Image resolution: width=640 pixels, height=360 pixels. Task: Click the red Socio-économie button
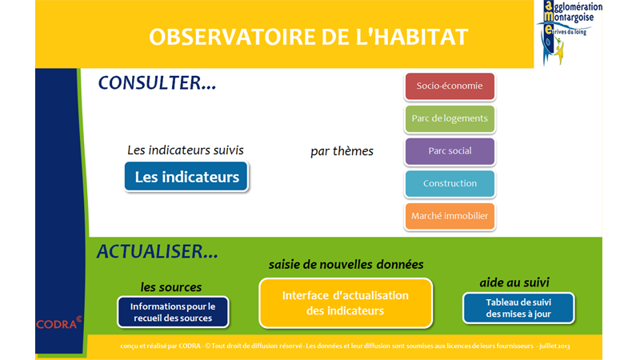click(x=450, y=86)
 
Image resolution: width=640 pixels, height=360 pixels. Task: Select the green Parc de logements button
click(x=450, y=118)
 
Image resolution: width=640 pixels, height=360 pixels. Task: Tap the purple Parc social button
click(x=450, y=151)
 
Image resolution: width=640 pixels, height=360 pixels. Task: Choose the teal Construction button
click(x=450, y=184)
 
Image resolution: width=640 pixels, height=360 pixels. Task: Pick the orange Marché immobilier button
click(x=450, y=216)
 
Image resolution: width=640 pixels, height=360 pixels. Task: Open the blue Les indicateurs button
click(x=186, y=177)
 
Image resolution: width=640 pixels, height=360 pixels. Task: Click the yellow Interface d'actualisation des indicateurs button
click(x=346, y=303)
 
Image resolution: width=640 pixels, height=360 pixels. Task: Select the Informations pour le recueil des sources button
click(x=173, y=312)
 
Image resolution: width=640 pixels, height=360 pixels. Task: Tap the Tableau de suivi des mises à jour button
click(x=518, y=308)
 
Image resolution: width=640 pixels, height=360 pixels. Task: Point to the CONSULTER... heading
click(x=157, y=83)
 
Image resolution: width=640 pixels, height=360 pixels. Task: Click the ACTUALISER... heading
click(x=157, y=251)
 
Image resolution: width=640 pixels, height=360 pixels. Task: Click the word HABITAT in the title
click(x=421, y=37)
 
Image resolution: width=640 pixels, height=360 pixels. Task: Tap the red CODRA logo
click(x=58, y=323)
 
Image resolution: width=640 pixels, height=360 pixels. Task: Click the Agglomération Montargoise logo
click(x=569, y=33)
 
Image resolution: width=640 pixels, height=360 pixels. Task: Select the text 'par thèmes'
click(x=342, y=151)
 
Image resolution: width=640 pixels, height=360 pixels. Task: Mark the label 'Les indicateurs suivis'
click(x=186, y=150)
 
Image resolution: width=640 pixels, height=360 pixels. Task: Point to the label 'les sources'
click(x=171, y=287)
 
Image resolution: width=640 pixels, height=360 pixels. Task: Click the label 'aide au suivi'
click(x=514, y=282)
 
